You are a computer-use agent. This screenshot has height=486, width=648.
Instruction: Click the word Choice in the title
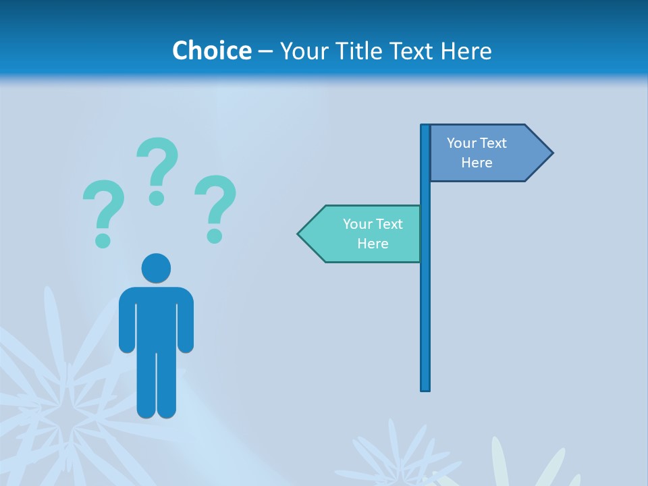tap(211, 51)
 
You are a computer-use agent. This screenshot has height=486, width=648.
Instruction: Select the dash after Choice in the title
tap(265, 51)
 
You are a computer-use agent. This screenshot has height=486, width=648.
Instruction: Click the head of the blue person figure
tap(156, 268)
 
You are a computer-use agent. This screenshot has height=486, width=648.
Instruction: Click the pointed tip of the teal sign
tap(300, 234)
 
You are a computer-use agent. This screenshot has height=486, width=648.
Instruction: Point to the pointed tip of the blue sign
tap(551, 153)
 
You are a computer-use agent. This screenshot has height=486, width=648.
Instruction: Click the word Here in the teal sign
tap(373, 244)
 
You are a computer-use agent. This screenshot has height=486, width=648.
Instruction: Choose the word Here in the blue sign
tap(477, 163)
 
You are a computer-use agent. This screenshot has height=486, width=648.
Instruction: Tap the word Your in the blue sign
tap(462, 143)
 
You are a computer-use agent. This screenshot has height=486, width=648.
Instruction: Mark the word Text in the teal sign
tap(389, 224)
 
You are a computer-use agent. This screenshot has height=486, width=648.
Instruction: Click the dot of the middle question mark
tap(157, 198)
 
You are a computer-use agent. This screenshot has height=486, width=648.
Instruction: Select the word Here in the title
tap(466, 51)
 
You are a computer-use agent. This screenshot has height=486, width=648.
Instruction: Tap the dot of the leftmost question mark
tap(103, 240)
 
